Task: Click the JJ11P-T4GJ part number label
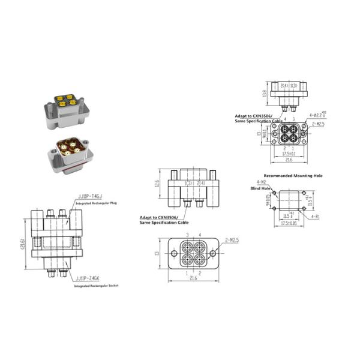(91, 196)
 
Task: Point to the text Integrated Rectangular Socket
(97, 286)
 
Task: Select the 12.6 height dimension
(158, 184)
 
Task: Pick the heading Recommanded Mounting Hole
(293, 176)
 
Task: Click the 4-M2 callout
(262, 181)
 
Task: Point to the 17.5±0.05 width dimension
(290, 223)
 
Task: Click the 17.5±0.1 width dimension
(289, 152)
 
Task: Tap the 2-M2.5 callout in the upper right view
(317, 124)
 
